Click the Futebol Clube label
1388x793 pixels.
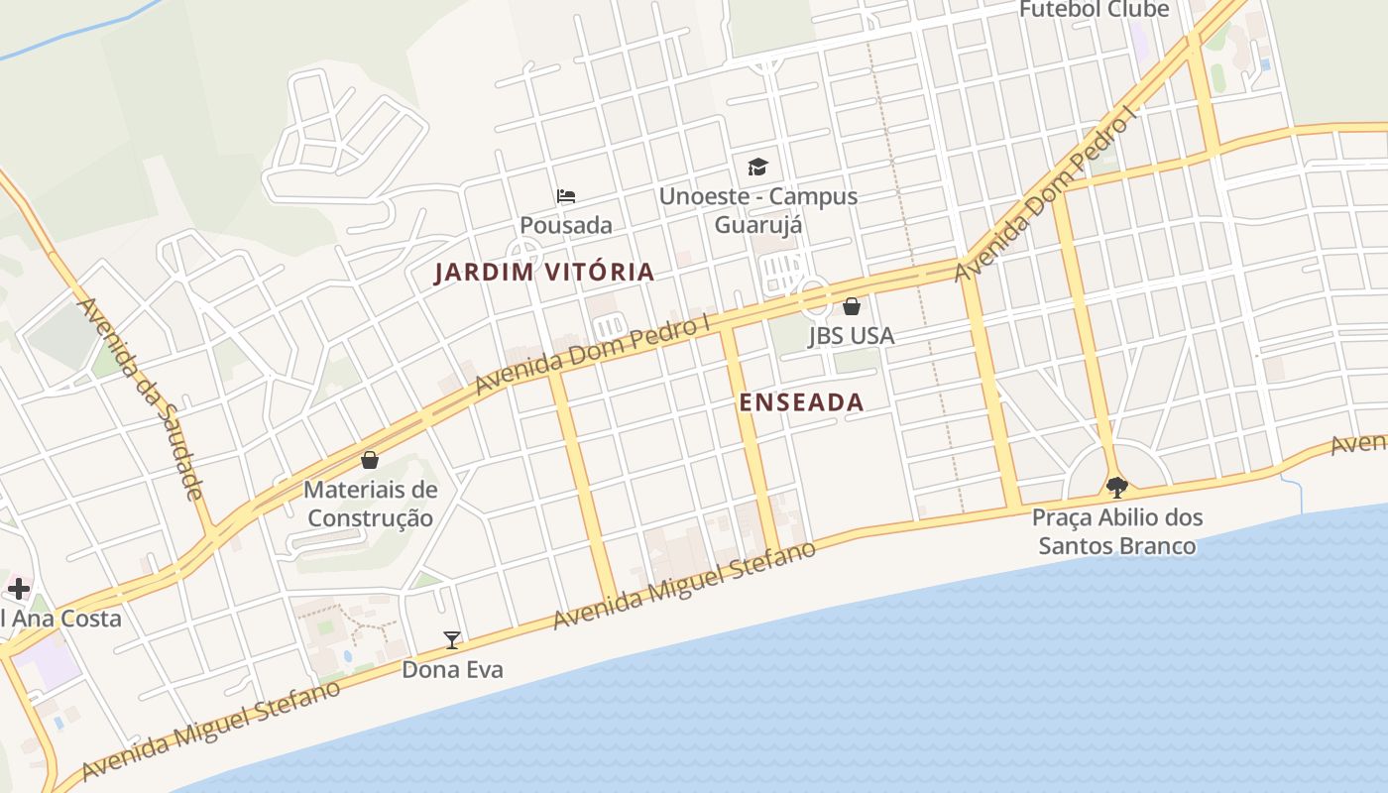1095,10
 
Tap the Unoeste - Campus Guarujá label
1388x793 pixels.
758,210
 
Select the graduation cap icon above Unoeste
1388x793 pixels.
757,167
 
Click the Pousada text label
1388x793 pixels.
566,225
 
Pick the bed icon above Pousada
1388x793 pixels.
566,195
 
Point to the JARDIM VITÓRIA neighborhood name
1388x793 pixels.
544,273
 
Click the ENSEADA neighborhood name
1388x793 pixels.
802,402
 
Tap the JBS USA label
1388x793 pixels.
851,336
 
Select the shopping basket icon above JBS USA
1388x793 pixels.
851,306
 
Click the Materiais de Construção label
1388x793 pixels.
370,504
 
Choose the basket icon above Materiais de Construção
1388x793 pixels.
370,460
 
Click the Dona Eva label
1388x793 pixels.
452,670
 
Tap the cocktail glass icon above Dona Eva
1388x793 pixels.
452,639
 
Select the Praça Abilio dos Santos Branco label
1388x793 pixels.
1117,531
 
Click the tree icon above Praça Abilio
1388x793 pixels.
1117,487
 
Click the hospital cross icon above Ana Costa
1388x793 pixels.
18,589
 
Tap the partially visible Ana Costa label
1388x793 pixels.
60,620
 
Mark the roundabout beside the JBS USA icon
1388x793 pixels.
814,296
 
